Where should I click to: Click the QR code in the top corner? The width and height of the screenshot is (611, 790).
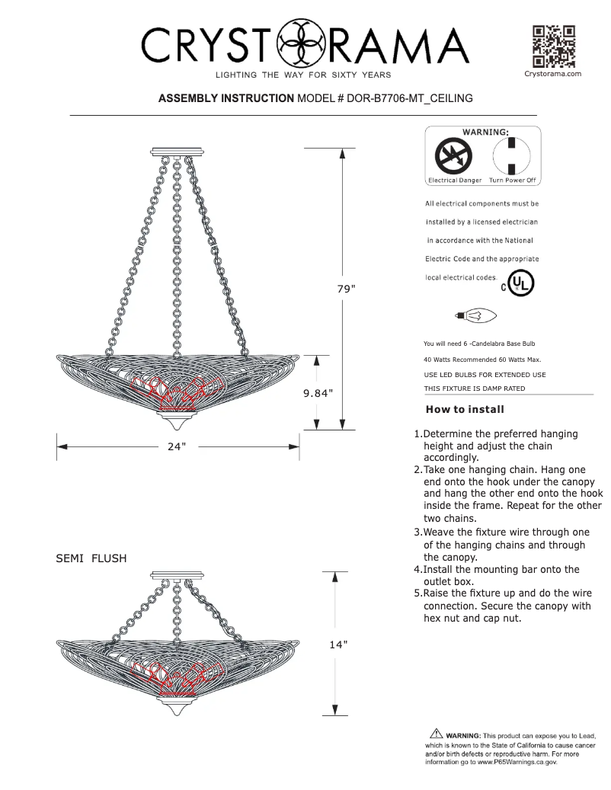point(553,46)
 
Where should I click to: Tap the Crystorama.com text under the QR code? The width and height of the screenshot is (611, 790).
point(553,74)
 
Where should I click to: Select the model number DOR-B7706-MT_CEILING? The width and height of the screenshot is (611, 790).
point(410,98)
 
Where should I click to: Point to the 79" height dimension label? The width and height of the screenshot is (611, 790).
point(347,289)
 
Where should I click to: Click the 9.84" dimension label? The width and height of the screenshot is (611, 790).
point(318,392)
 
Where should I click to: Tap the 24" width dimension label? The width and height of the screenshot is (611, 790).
point(177,446)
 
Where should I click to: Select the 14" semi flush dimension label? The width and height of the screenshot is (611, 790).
point(338,644)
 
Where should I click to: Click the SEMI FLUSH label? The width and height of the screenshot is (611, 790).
point(91,558)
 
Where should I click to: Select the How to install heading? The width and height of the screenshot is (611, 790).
point(465,409)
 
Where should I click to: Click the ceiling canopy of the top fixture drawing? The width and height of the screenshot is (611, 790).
point(178,151)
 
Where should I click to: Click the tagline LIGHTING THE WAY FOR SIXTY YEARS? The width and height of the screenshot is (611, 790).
point(303,75)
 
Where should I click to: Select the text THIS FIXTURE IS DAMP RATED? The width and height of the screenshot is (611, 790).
point(474,389)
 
